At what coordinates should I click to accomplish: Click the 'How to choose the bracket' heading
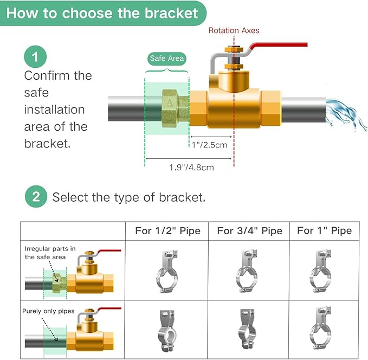(102, 13)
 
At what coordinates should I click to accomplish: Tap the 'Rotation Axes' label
(234, 30)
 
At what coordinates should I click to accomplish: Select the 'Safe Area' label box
(166, 59)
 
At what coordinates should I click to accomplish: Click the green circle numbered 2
(36, 196)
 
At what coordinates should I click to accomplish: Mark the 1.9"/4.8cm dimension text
(189, 167)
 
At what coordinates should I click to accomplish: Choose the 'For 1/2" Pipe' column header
(167, 230)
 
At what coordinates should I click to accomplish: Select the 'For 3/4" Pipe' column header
(249, 230)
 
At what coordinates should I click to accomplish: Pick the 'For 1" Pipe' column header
(324, 230)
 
